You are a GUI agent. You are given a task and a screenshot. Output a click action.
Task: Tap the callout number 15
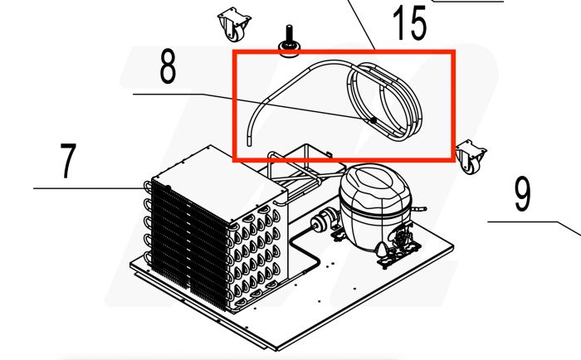coord(409,24)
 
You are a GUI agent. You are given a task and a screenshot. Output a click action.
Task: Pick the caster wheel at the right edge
coord(469,157)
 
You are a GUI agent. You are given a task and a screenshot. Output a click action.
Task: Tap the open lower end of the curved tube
coord(248,143)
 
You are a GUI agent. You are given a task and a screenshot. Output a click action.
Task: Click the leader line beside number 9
coord(531,222)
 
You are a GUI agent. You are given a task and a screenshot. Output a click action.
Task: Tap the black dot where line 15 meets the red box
coord(375,51)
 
